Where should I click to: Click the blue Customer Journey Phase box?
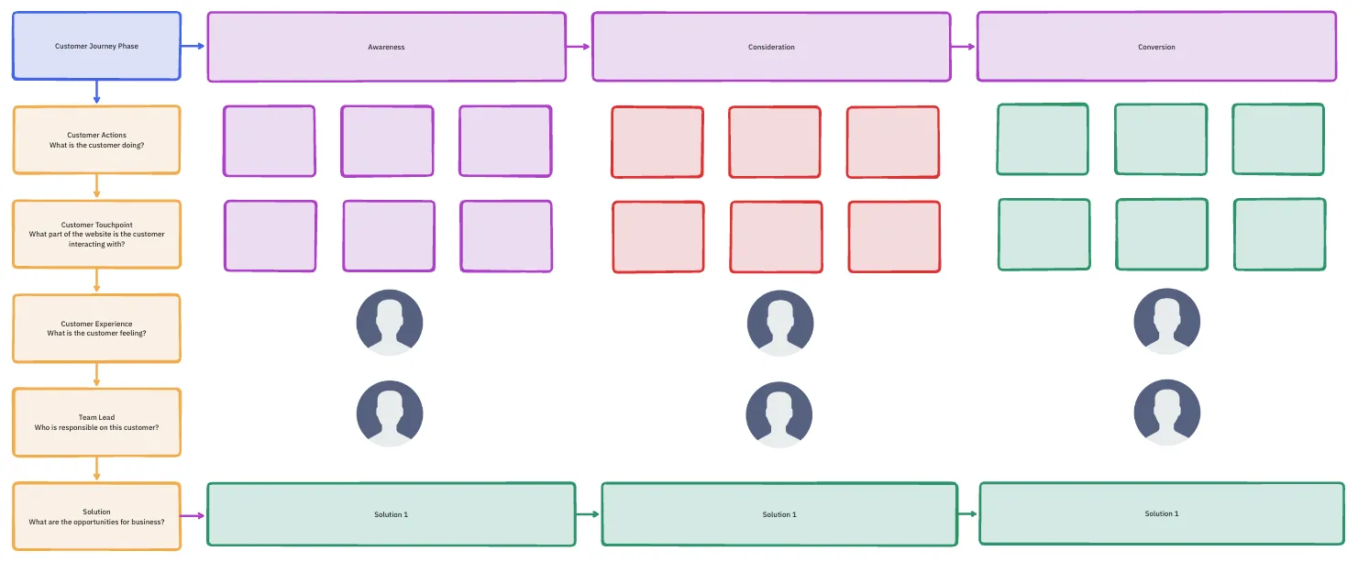[x=96, y=46]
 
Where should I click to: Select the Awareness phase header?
[x=387, y=47]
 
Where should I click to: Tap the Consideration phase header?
[x=771, y=47]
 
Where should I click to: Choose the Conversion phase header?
[x=1156, y=47]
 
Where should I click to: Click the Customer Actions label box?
[x=96, y=140]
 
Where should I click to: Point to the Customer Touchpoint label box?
[x=96, y=234]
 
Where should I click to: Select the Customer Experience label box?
[x=96, y=328]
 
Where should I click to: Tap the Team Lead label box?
[x=96, y=422]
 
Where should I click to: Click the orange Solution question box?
[x=96, y=516]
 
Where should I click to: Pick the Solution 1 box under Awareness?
[x=391, y=514]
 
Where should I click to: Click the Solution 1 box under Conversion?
[x=1162, y=513]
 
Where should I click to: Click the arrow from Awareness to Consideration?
[x=579, y=47]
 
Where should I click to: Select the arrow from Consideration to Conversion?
[x=964, y=47]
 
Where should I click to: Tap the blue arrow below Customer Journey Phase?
[x=96, y=92]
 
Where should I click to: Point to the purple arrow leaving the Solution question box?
[x=193, y=516]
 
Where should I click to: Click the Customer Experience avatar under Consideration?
[x=780, y=323]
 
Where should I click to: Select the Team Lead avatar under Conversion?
[x=1167, y=413]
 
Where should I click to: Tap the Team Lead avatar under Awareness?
[x=390, y=414]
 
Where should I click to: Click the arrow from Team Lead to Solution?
[x=96, y=468]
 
